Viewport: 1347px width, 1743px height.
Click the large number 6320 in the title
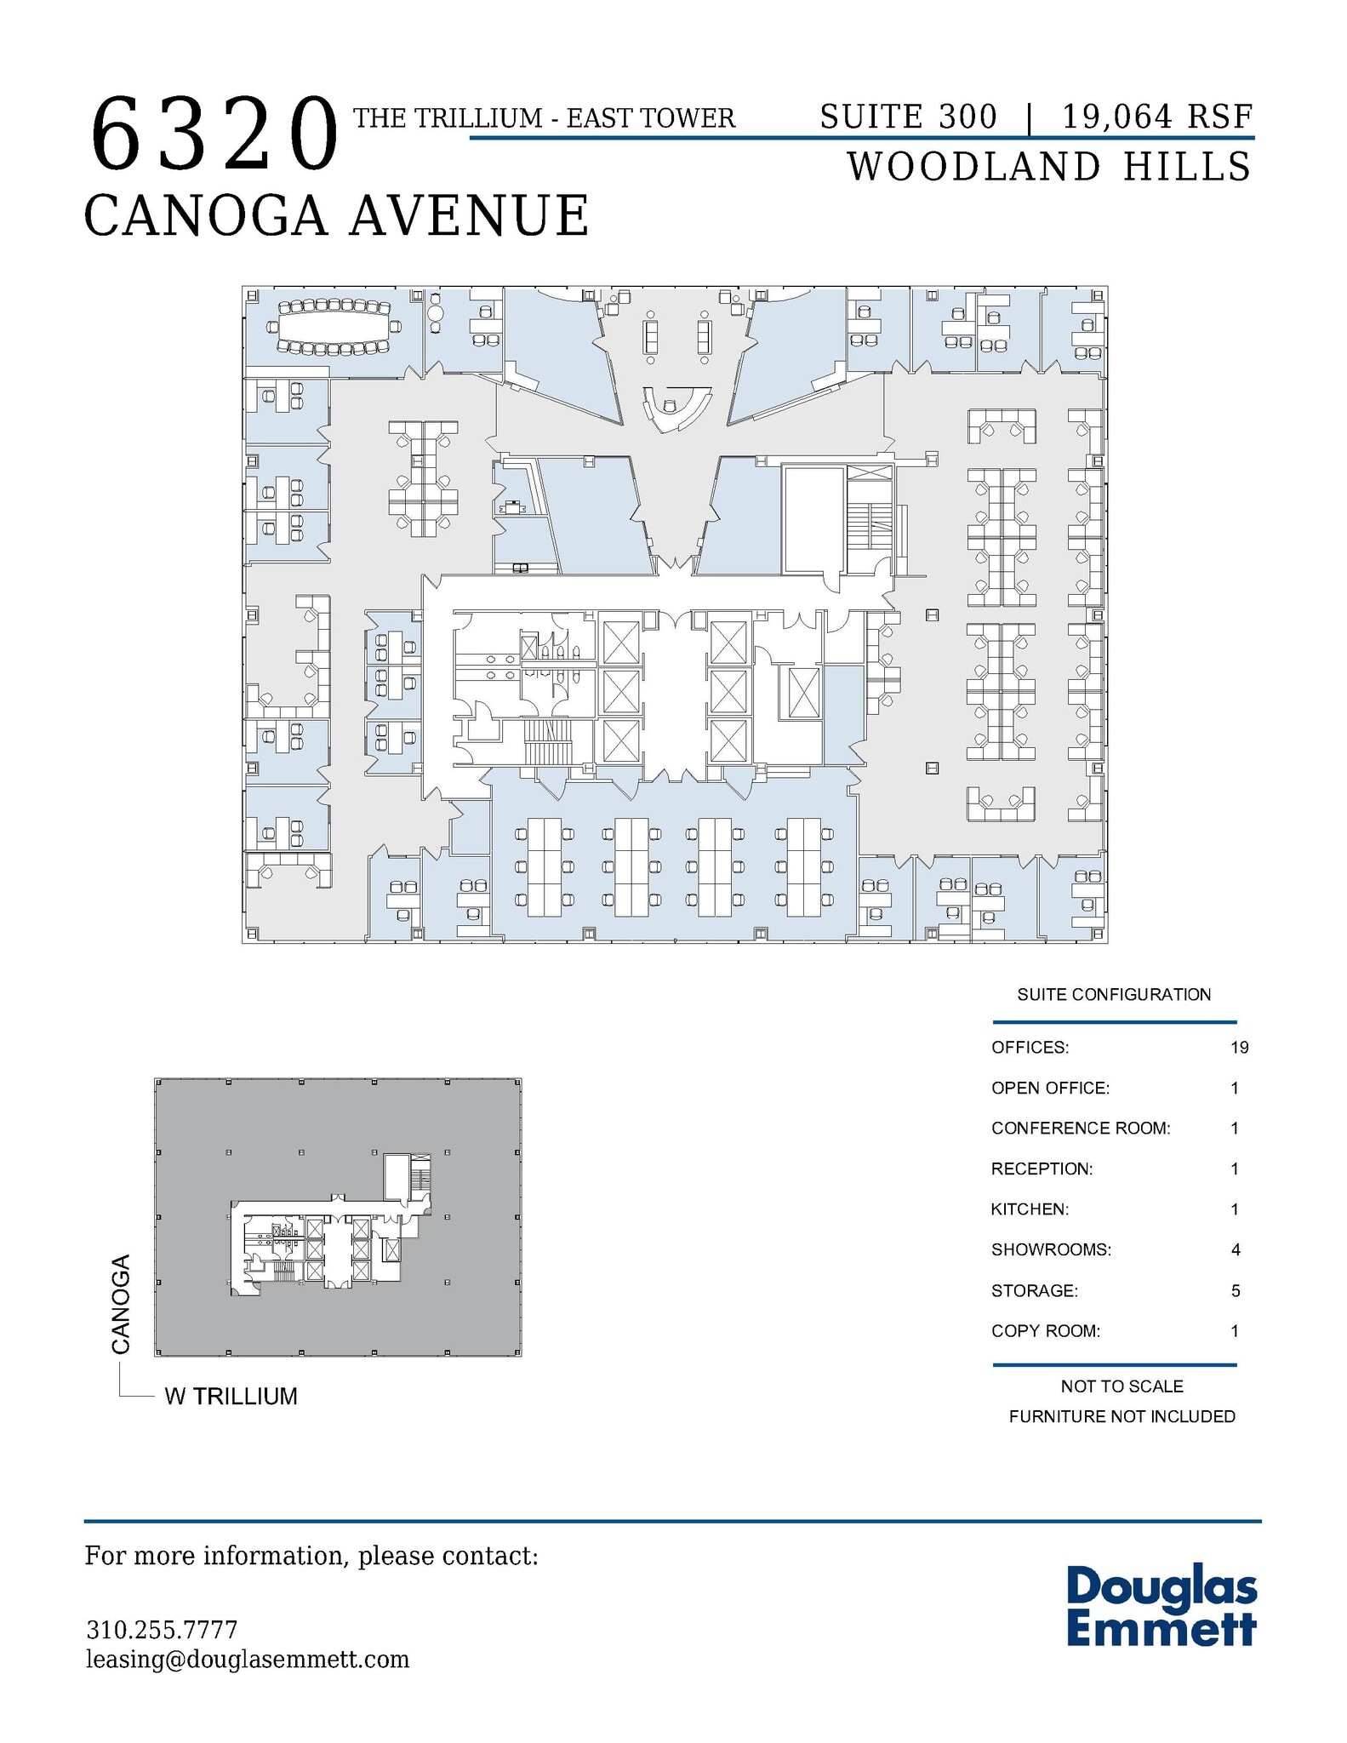coord(214,134)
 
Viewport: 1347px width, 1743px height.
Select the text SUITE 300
coord(907,117)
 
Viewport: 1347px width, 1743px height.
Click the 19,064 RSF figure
coord(1157,117)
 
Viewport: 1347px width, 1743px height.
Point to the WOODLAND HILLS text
coord(1049,166)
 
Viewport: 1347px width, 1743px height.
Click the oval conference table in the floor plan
coord(332,326)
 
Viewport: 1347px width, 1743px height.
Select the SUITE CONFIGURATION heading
coord(1113,994)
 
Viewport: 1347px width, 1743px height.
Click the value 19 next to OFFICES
coord(1239,1048)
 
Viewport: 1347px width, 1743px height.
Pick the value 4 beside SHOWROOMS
coord(1236,1250)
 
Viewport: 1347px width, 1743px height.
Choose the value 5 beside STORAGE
coord(1236,1291)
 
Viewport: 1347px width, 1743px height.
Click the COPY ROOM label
coord(1045,1331)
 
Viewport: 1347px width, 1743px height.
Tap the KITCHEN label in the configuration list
coord(1030,1209)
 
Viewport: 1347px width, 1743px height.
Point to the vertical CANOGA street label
coord(121,1303)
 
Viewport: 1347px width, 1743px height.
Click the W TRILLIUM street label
coord(231,1397)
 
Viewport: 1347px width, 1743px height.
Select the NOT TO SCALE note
coord(1122,1386)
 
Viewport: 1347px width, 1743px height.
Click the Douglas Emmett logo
coord(1161,1607)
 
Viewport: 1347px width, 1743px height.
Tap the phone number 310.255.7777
coord(162,1630)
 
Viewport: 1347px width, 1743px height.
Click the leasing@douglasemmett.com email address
coord(248,1660)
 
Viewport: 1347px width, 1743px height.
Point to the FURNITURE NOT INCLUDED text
coord(1122,1417)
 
